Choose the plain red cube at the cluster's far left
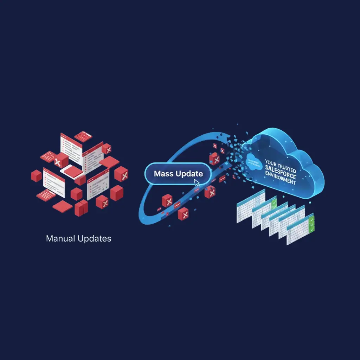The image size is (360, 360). click(x=36, y=175)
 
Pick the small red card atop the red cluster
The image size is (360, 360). click(x=83, y=136)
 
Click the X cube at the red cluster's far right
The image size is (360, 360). click(x=121, y=174)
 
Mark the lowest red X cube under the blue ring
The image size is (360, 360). click(x=183, y=213)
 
